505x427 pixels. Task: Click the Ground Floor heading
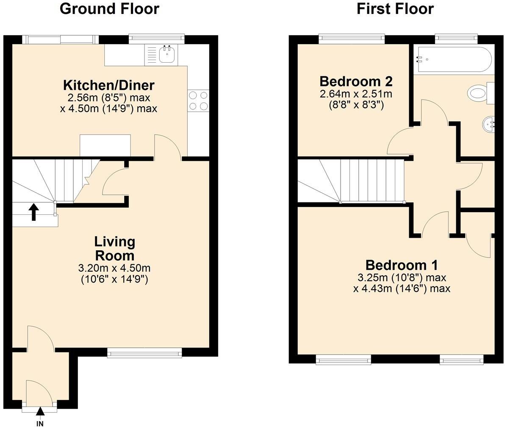tap(109, 8)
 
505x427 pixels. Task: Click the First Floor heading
tap(395, 8)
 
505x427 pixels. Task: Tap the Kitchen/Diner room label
tap(109, 85)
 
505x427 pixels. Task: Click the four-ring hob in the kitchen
tap(198, 101)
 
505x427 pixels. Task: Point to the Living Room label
tap(114, 249)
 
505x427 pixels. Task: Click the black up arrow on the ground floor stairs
tap(33, 212)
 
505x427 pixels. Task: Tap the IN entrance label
tap(40, 423)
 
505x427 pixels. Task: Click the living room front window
tap(144, 352)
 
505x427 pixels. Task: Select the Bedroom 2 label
tap(356, 81)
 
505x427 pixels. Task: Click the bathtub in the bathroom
tap(454, 59)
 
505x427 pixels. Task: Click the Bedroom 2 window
tap(352, 39)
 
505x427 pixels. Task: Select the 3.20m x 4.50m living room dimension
tap(114, 268)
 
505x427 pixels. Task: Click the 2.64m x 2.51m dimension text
tap(356, 94)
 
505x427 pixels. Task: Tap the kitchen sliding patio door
tap(60, 39)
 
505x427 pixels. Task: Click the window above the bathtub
tap(457, 39)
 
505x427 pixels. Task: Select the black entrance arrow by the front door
tap(40, 411)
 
